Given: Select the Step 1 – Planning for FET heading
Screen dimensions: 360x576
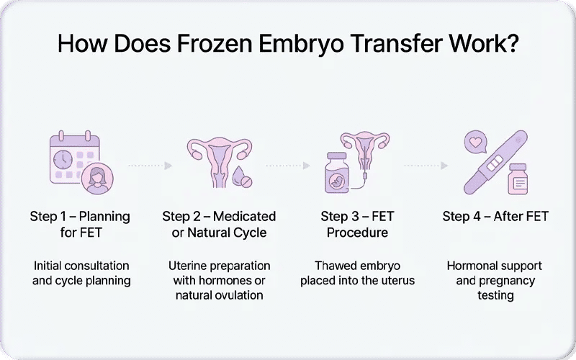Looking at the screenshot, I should [80, 224].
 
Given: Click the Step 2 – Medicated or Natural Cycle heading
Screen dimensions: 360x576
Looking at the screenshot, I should [219, 224].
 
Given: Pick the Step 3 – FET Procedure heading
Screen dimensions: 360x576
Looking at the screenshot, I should [357, 224].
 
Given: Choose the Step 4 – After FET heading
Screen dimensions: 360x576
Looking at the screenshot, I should [495, 216].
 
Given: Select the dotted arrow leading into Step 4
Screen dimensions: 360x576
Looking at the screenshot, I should [427, 166].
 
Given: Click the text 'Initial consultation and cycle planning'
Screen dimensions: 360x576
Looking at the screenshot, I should [81, 273].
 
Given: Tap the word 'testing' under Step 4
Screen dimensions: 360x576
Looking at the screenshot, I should [495, 295].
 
